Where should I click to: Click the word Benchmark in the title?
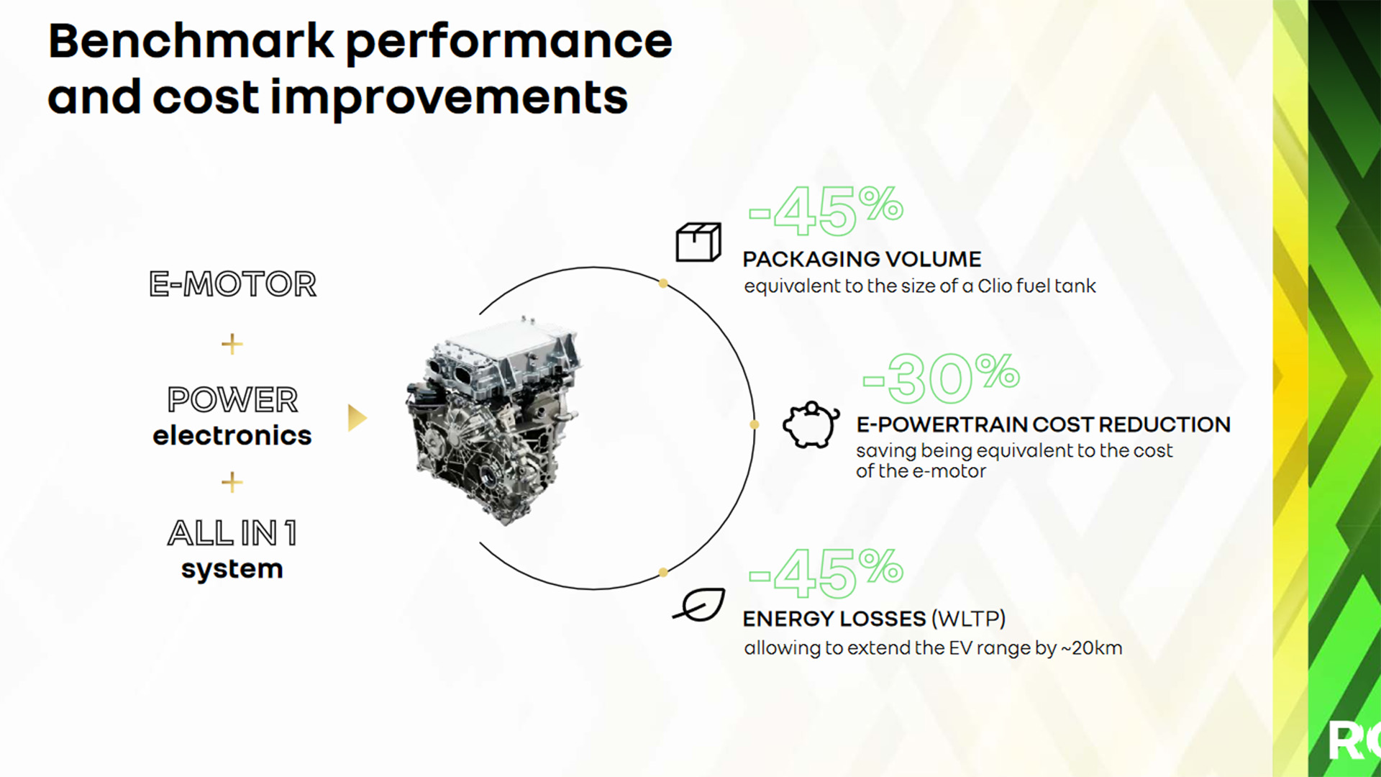point(191,41)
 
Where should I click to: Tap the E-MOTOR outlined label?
point(232,283)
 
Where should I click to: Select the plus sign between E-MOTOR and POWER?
point(232,344)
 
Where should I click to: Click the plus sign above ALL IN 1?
point(232,481)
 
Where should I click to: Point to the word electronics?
point(232,435)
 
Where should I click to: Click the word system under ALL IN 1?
point(232,569)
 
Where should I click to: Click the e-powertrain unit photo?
point(493,421)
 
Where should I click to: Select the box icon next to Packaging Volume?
point(698,242)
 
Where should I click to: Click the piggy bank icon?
point(811,424)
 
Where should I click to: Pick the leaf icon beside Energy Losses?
point(699,604)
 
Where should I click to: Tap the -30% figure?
point(941,378)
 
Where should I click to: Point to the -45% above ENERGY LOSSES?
point(826,573)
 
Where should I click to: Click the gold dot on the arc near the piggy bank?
point(755,424)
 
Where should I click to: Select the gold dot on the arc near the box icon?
point(663,283)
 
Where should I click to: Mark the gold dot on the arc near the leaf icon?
point(663,573)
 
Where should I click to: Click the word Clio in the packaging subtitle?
point(995,286)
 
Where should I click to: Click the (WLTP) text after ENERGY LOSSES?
point(968,619)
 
